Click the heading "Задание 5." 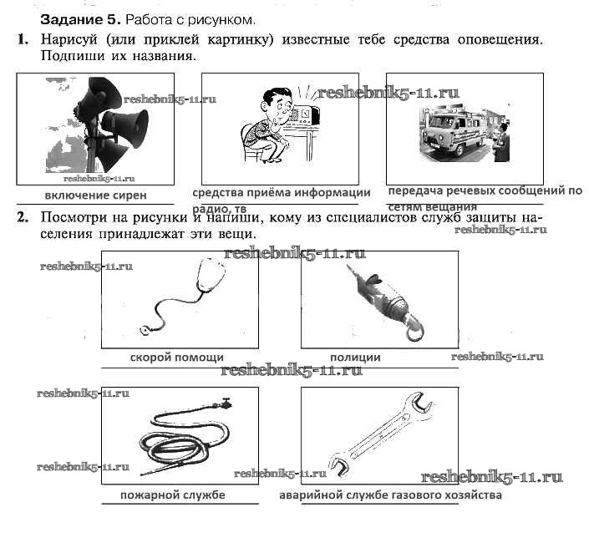click(x=80, y=19)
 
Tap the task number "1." click(x=23, y=39)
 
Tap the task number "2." click(x=23, y=217)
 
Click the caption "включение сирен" click(x=95, y=195)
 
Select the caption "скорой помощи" click(x=176, y=357)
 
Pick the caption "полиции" click(x=355, y=357)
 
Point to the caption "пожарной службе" click(x=172, y=495)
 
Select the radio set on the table click(x=305, y=115)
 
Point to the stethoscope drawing click(x=180, y=297)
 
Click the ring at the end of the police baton click(x=415, y=332)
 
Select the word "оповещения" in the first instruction click(x=500, y=39)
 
